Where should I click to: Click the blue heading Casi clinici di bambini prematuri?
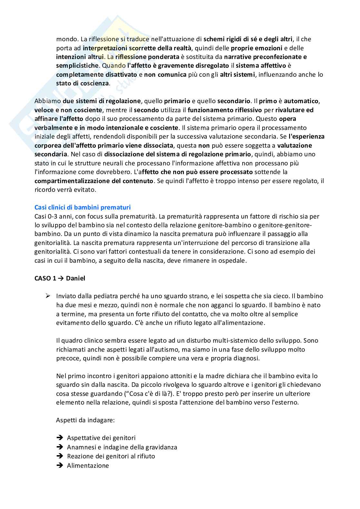[x=82, y=207]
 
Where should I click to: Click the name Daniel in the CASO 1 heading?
[x=75, y=278]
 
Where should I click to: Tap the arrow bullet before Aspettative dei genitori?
[x=59, y=438]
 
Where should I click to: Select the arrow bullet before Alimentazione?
[x=59, y=465]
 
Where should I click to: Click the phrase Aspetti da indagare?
[x=85, y=420]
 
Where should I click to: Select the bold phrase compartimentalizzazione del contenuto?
[x=94, y=181]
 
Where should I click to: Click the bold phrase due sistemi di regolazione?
[x=102, y=101]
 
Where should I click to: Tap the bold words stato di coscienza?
[x=82, y=83]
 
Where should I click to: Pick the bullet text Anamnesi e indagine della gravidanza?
[x=122, y=447]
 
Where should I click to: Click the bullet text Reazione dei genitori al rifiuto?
[x=111, y=456]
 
